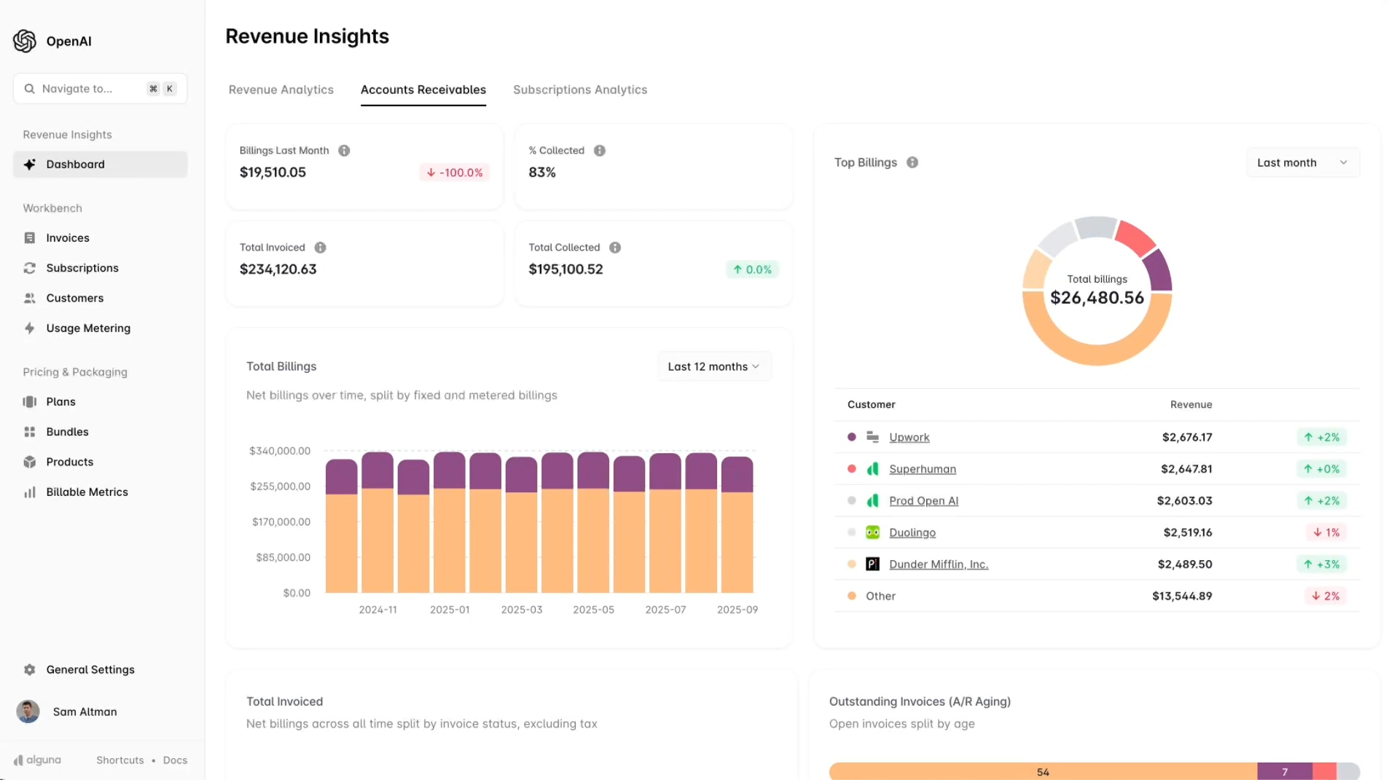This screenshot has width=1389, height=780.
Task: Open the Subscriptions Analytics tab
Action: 579,90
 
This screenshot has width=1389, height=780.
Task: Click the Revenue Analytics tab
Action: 281,90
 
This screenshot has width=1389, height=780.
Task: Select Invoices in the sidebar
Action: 67,238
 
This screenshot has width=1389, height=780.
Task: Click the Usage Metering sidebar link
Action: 87,328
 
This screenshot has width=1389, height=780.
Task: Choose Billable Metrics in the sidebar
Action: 87,492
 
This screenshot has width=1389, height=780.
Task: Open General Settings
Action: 90,670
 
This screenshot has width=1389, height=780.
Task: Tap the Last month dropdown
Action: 1302,163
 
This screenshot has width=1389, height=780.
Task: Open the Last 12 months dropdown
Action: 713,367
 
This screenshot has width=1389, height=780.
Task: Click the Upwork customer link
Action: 909,438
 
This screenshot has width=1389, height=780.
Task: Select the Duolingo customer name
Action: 912,533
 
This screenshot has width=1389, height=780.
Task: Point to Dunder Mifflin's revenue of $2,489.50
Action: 1184,564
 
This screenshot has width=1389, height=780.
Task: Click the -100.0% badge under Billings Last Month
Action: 455,173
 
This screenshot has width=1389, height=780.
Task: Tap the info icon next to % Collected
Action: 599,151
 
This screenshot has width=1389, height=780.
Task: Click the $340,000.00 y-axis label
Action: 280,452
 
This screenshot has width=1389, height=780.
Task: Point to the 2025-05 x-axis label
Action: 593,610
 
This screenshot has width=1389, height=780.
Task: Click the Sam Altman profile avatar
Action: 28,712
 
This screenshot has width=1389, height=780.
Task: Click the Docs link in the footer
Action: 175,760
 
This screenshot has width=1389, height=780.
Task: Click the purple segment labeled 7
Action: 1284,772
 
